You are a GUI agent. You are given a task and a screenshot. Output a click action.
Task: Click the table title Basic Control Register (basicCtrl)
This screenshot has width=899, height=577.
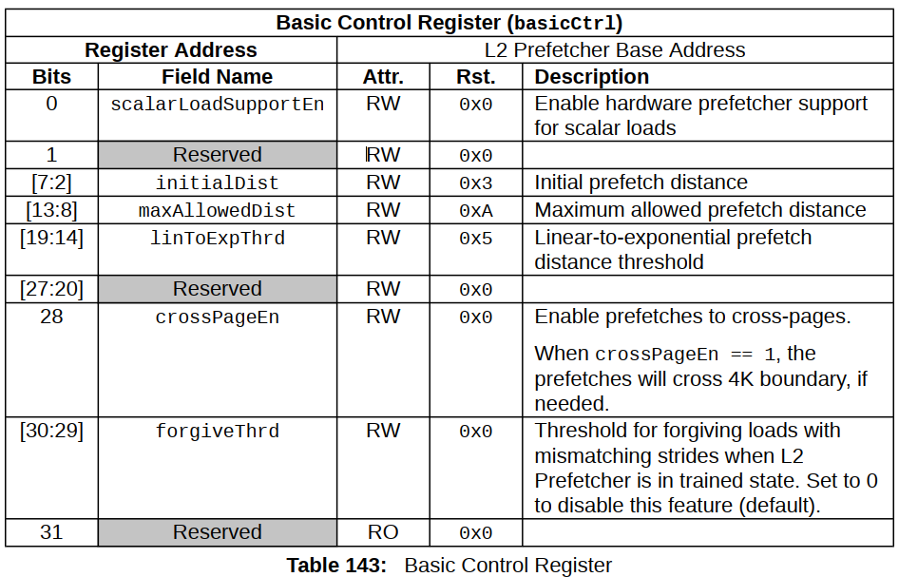(x=449, y=23)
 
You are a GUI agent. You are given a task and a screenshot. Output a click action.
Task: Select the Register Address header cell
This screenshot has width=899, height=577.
(x=171, y=49)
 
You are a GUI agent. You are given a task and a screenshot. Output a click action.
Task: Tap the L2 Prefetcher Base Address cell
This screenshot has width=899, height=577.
(x=615, y=49)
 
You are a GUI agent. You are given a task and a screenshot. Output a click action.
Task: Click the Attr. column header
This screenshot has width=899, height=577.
(x=383, y=77)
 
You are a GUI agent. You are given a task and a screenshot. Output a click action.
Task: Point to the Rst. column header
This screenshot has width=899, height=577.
(x=476, y=77)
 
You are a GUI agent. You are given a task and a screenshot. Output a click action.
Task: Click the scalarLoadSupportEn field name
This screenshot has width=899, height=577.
(x=218, y=105)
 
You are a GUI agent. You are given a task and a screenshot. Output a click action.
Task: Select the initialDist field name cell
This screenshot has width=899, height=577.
(x=218, y=183)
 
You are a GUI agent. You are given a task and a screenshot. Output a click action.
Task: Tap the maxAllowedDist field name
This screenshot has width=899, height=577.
(x=218, y=210)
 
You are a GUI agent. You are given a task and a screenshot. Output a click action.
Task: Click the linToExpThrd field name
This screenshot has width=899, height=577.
(x=218, y=238)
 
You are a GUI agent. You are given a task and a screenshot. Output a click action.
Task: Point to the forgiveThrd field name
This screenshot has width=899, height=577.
(x=218, y=432)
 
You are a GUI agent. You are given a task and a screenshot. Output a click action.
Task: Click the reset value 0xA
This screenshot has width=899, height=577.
(x=476, y=211)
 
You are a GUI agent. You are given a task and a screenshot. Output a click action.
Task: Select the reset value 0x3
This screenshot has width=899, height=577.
(x=476, y=183)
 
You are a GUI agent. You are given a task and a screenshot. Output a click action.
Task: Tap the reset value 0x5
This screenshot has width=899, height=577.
(x=476, y=239)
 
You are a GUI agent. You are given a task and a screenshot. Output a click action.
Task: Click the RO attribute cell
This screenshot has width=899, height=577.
(x=383, y=532)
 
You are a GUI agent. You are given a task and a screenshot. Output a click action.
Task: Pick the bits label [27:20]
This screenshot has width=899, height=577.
(x=51, y=289)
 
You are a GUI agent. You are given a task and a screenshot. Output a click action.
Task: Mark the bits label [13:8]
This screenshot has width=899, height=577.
(x=51, y=210)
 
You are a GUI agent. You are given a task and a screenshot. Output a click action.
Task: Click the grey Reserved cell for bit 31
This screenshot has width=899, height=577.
(x=218, y=532)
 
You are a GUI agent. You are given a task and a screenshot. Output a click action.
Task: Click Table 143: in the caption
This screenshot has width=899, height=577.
(x=336, y=566)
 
